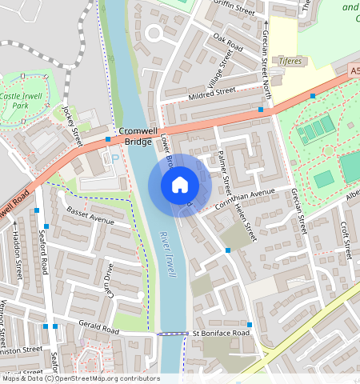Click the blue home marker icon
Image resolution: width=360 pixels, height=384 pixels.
coord(180,185)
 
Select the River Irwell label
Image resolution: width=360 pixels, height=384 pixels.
coord(168,254)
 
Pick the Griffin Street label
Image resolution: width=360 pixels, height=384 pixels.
coord(235,10)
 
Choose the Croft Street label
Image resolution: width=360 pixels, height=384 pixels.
coord(346,240)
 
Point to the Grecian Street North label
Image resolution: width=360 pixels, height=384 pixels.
coord(266,50)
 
